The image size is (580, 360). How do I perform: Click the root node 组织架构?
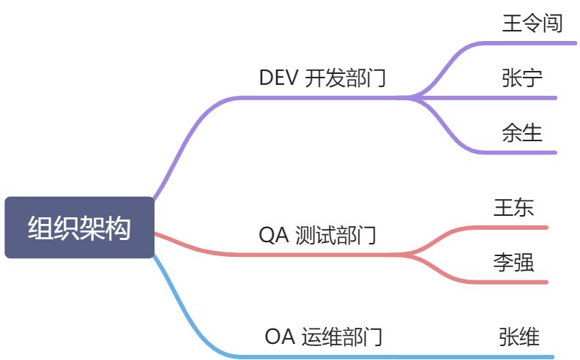(x=79, y=228)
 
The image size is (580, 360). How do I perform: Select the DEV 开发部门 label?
(x=322, y=78)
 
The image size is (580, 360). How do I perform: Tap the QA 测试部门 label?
(x=318, y=236)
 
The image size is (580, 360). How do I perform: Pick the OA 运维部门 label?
(x=324, y=337)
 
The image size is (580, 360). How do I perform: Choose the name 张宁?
(x=523, y=77)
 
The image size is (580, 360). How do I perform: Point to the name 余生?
(x=522, y=132)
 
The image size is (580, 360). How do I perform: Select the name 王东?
(x=514, y=207)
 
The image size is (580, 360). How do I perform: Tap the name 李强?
(x=513, y=262)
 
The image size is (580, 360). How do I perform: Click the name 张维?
(x=519, y=337)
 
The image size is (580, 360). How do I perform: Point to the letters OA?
(x=280, y=337)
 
